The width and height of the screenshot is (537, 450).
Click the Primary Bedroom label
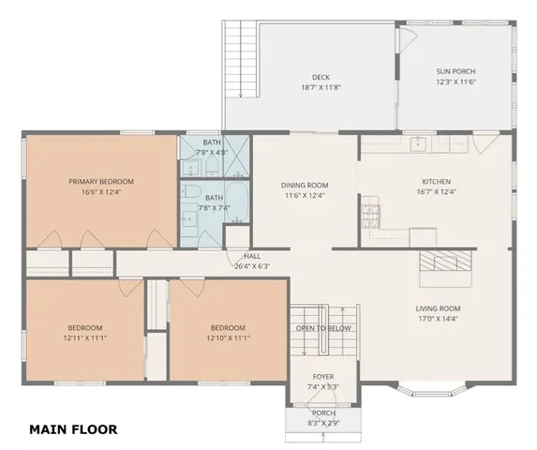pyautogui.click(x=100, y=181)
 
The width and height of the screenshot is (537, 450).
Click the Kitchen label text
pyautogui.click(x=436, y=181)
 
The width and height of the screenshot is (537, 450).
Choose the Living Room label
pyautogui.click(x=438, y=308)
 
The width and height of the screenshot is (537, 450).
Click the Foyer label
pyautogui.click(x=322, y=377)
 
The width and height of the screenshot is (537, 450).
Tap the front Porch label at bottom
pyautogui.click(x=322, y=412)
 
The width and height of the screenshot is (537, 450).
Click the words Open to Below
pyautogui.click(x=323, y=328)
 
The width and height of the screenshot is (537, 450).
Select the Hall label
pyautogui.click(x=252, y=255)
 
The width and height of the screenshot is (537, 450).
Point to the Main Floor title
pyautogui.click(x=73, y=430)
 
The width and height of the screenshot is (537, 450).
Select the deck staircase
pyautogui.click(x=240, y=61)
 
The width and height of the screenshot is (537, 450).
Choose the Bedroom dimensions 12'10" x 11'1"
pyautogui.click(x=228, y=337)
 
